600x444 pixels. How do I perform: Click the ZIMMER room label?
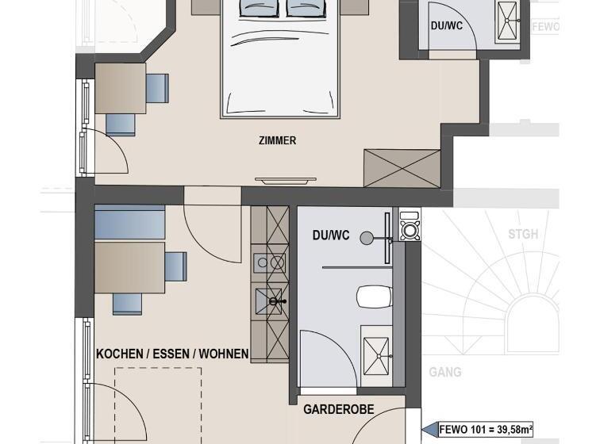[x=277, y=141]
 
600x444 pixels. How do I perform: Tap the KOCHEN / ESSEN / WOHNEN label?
[x=172, y=354]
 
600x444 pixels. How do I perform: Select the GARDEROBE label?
[x=339, y=410]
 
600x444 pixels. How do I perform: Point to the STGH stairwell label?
[x=523, y=235]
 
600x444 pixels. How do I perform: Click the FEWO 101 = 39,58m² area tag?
[x=486, y=430]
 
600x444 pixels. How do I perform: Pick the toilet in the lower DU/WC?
[x=374, y=297]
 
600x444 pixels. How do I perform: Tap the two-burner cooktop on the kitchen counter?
[x=269, y=262]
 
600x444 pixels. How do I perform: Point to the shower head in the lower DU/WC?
[x=366, y=237]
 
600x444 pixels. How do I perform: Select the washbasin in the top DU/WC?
[x=507, y=21]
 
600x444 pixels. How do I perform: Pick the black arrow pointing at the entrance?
[x=431, y=431]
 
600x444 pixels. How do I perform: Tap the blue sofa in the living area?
[x=129, y=222]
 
